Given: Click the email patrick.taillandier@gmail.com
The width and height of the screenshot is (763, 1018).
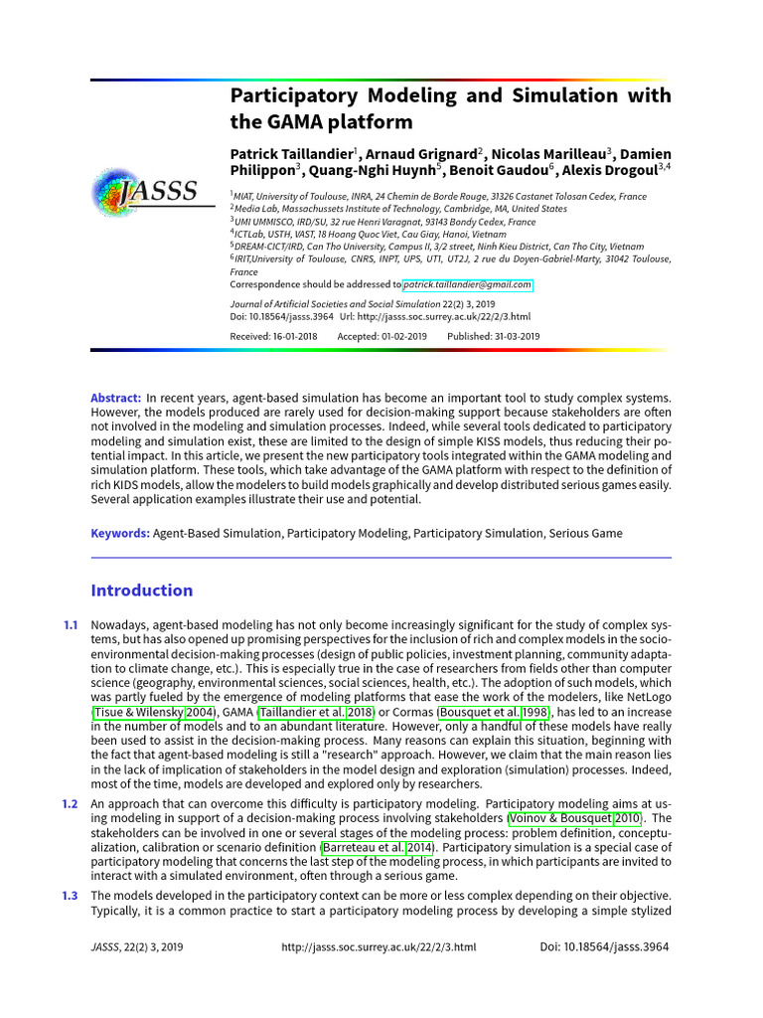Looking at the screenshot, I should click(x=467, y=284).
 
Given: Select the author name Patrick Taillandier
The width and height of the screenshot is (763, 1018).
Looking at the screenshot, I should click(x=291, y=153).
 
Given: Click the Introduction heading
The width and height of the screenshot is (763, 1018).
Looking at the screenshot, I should click(x=142, y=591).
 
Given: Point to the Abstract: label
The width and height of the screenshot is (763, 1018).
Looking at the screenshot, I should click(x=116, y=398).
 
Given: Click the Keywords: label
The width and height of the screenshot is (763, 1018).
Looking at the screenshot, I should click(x=120, y=533).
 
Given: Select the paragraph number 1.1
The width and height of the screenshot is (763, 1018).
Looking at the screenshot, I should click(x=71, y=624).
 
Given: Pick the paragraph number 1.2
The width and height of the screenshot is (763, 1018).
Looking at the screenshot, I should click(x=71, y=803).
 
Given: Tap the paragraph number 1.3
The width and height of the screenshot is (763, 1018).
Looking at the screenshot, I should click(x=71, y=896).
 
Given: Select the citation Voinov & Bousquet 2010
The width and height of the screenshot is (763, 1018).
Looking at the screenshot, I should click(x=574, y=818).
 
